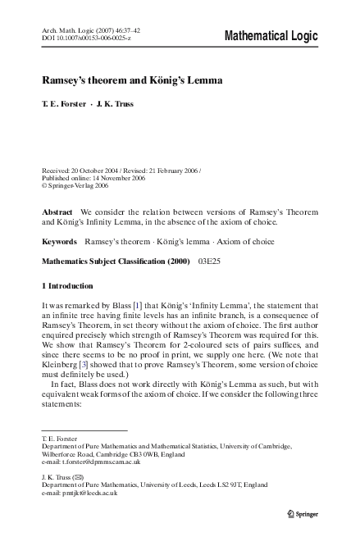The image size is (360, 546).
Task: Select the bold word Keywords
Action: [60, 243]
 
